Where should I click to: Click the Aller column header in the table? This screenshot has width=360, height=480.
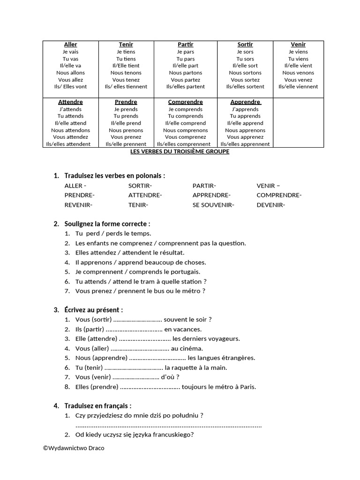pyautogui.click(x=70, y=45)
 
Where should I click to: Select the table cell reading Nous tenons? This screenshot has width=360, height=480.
pyautogui.click(x=126, y=73)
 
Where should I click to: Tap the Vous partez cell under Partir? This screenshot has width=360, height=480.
pyautogui.click(x=186, y=80)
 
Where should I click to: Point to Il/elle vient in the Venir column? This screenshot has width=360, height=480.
pyautogui.click(x=298, y=66)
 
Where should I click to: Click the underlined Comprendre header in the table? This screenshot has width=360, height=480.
pyautogui.click(x=186, y=102)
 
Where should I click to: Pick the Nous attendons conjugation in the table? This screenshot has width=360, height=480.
pyautogui.click(x=70, y=130)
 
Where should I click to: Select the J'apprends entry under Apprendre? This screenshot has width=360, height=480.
pyautogui.click(x=245, y=109)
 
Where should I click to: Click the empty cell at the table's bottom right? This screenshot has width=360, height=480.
pyautogui.click(x=298, y=123)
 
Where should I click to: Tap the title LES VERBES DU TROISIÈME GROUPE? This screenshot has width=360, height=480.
pyautogui.click(x=180, y=152)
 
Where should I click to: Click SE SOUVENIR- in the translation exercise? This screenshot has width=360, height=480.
pyautogui.click(x=213, y=205)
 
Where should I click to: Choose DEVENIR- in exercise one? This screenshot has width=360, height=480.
pyautogui.click(x=271, y=205)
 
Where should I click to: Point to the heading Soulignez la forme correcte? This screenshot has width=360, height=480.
pyautogui.click(x=107, y=224)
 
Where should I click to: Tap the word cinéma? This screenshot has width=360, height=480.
pyautogui.click(x=192, y=348)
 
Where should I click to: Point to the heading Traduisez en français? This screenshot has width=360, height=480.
pyautogui.click(x=98, y=406)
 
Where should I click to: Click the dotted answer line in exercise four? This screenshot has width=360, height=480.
pyautogui.click(x=168, y=426)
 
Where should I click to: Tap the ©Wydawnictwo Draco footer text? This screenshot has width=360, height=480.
pyautogui.click(x=74, y=448)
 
